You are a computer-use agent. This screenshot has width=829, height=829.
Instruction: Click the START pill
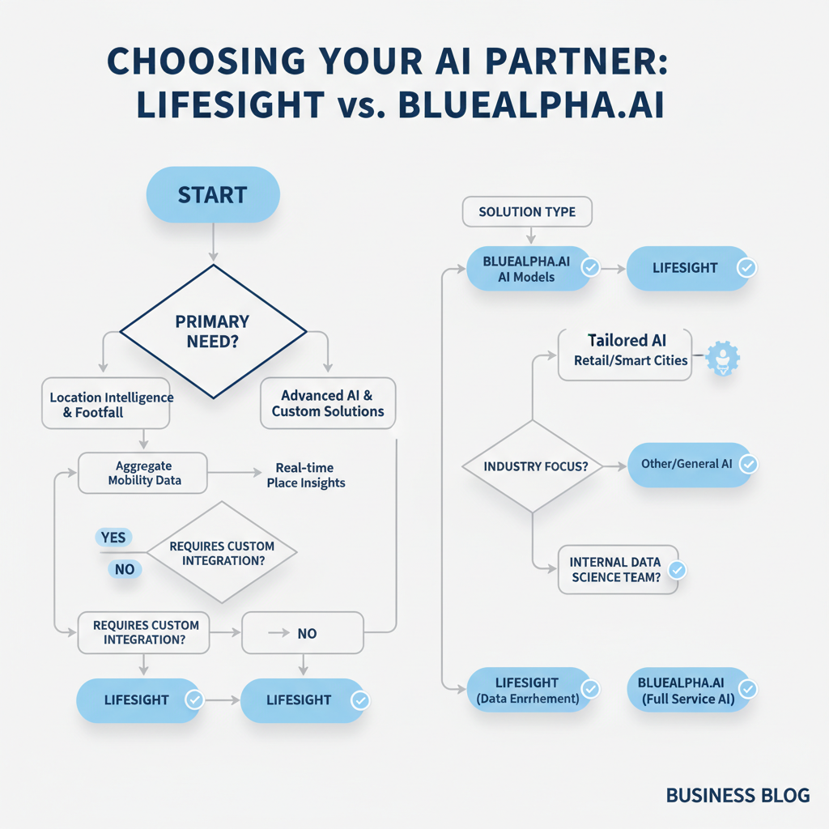coord(212,195)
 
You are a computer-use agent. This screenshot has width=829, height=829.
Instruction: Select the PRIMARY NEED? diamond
coord(212,330)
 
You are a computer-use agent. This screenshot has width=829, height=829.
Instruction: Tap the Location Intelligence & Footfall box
coord(106,403)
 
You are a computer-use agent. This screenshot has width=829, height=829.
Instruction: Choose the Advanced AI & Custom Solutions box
coord(328,403)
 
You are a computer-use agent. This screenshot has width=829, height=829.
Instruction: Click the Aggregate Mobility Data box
coord(143,473)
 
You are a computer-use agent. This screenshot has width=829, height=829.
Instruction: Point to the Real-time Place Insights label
coord(305,475)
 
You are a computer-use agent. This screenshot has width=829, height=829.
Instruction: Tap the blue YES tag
coord(114,537)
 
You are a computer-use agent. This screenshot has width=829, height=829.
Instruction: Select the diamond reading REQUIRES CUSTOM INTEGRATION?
coord(222,553)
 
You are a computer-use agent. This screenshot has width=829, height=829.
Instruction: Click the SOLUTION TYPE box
coord(527,212)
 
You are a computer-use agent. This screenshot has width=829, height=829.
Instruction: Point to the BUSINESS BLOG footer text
coord(737,796)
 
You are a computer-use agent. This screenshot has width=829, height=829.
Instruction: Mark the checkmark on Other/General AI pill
coord(748,464)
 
